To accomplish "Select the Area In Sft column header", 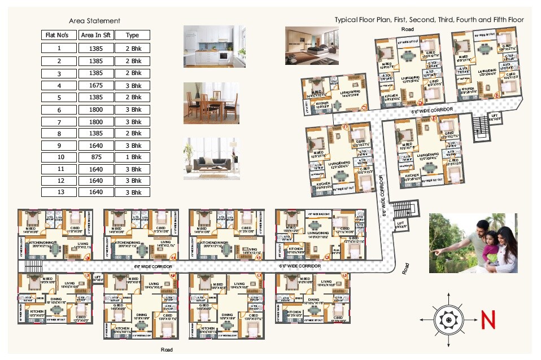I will tap(96, 35).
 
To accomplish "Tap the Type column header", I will tap(133, 35).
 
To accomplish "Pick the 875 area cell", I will tap(96, 157).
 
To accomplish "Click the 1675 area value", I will tap(96, 85).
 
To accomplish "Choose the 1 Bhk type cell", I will tap(133, 157).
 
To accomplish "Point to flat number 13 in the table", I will tap(59, 192).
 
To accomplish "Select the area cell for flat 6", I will tap(96, 109).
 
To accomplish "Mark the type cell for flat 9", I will tap(133, 145).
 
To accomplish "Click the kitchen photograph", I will tap(208, 46).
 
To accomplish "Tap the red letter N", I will tap(488, 321).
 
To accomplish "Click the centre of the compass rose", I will tap(448, 319).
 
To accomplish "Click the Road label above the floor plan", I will tap(408, 29).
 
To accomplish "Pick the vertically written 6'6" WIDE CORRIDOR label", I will tap(383, 195).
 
